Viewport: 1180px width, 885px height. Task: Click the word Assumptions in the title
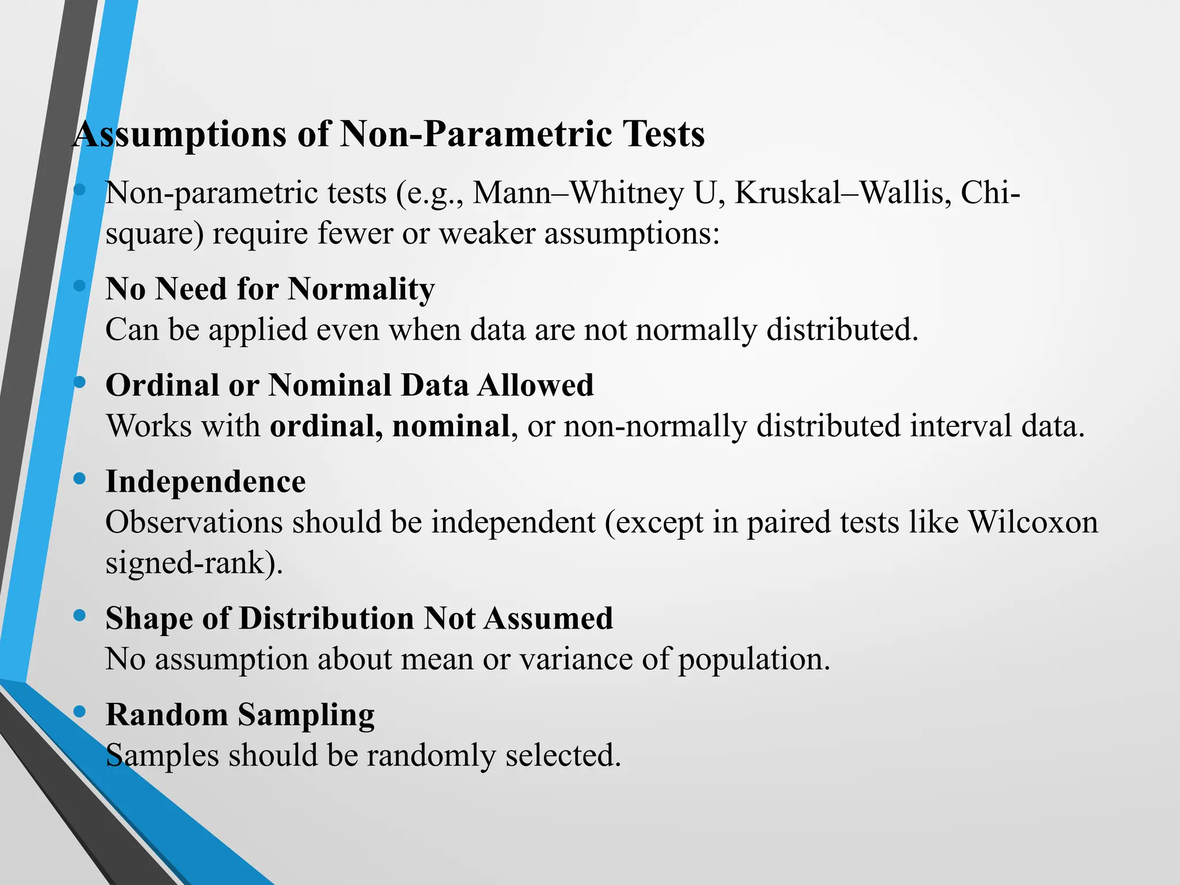click(180, 135)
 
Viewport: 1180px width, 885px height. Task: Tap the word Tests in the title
click(663, 135)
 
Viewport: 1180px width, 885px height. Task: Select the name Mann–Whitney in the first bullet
click(578, 193)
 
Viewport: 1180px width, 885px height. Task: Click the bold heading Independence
click(206, 482)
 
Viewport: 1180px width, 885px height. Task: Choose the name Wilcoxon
click(1032, 523)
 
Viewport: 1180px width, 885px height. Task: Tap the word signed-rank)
click(194, 563)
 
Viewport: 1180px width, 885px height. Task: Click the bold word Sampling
click(306, 715)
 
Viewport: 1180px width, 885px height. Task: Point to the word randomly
click(431, 756)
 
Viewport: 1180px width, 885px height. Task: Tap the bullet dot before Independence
click(80, 478)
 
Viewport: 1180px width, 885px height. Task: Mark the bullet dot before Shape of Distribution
click(80, 615)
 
